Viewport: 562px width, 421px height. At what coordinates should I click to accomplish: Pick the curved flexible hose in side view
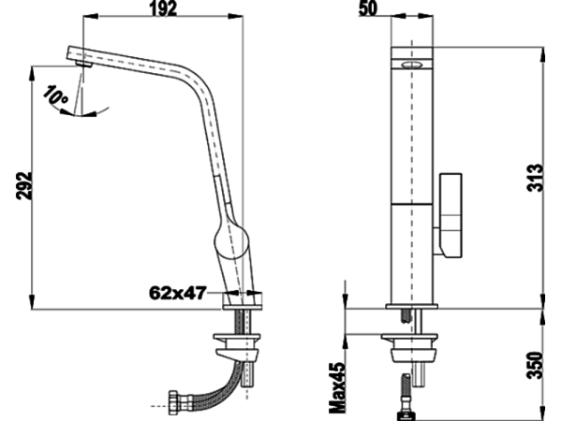211,384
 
